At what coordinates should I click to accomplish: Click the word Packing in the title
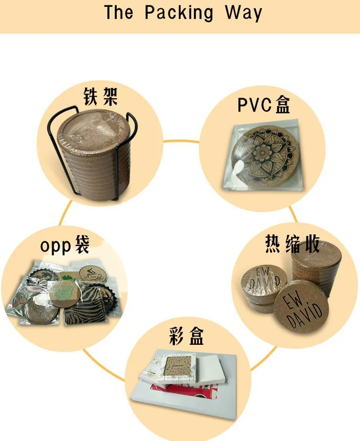(179, 13)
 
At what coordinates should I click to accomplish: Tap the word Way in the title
(243, 13)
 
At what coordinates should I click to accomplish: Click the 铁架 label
(101, 96)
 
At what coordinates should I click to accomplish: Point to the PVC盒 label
(264, 105)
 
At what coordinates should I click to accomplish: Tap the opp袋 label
(64, 246)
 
